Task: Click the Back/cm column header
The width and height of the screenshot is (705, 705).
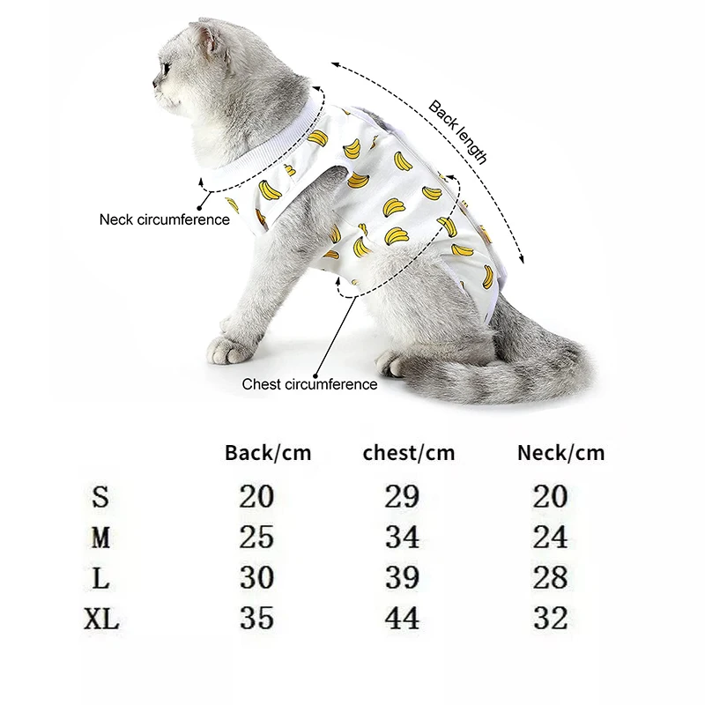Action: pyautogui.click(x=268, y=454)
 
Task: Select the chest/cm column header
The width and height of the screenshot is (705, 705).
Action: pyautogui.click(x=409, y=454)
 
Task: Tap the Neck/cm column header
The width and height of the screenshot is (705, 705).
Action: pyautogui.click(x=560, y=454)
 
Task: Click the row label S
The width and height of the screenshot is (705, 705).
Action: pyautogui.click(x=100, y=497)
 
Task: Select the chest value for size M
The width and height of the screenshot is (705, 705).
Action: pyautogui.click(x=402, y=537)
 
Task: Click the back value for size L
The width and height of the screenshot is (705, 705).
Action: pyautogui.click(x=256, y=577)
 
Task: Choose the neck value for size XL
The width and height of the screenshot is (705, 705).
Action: pyautogui.click(x=550, y=618)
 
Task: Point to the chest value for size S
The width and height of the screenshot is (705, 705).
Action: pyautogui.click(x=402, y=497)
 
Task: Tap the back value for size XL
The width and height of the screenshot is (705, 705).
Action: pyautogui.click(x=256, y=618)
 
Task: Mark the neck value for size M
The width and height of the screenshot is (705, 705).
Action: pyautogui.click(x=550, y=537)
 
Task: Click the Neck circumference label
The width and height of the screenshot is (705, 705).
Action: pyautogui.click(x=164, y=219)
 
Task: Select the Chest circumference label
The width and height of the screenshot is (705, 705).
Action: pyautogui.click(x=309, y=384)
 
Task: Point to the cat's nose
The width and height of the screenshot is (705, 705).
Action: pyautogui.click(x=155, y=85)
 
